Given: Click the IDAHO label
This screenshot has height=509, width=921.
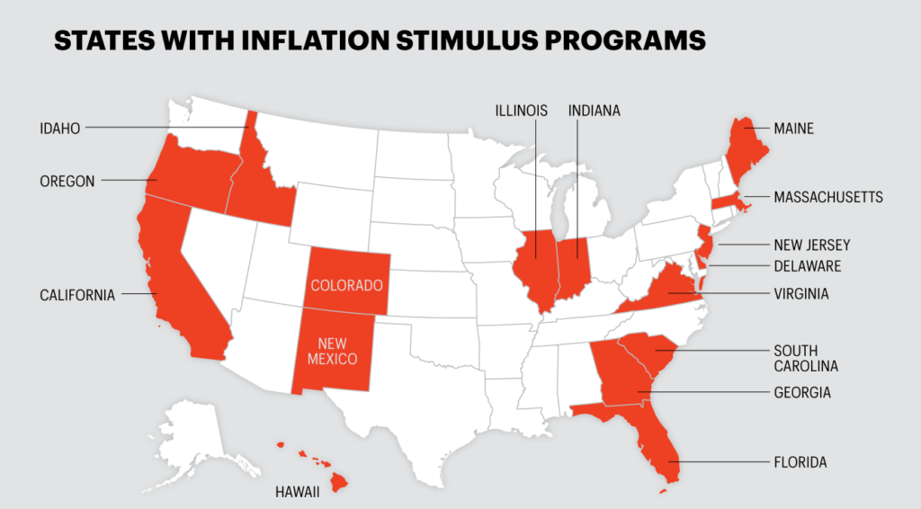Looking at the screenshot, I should (x=60, y=129).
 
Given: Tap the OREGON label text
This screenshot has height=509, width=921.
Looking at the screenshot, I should (x=67, y=181).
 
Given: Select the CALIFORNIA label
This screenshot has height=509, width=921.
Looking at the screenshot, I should (x=77, y=294).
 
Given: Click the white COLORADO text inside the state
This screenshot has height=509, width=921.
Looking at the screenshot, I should (x=347, y=285).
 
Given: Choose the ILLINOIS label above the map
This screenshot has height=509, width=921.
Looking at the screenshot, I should (x=521, y=111).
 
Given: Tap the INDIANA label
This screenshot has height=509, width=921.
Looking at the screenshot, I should (x=595, y=111).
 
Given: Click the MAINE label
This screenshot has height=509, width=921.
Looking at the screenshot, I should (x=793, y=129).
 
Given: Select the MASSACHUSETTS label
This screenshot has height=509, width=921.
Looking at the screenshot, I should (x=828, y=197).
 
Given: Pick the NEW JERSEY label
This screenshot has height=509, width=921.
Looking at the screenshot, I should (x=811, y=245).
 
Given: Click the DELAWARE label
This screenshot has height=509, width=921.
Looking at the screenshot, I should (x=808, y=266).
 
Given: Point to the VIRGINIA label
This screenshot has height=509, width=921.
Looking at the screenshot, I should (x=801, y=293).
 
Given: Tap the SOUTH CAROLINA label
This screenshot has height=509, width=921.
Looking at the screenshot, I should (x=806, y=358).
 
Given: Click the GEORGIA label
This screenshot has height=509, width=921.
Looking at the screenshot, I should (x=802, y=393).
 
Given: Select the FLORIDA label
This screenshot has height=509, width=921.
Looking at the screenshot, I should (x=800, y=462).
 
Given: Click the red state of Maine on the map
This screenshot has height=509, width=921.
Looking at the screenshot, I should (x=745, y=147).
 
